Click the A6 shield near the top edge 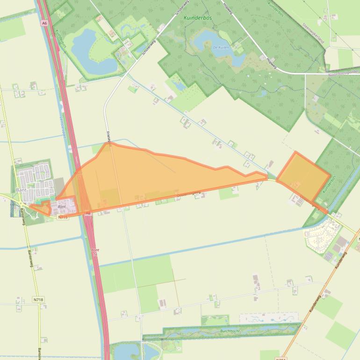[44, 22]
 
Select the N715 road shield [64, 217]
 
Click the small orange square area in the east [303, 175]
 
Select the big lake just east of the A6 [92, 51]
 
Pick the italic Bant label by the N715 [61, 206]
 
